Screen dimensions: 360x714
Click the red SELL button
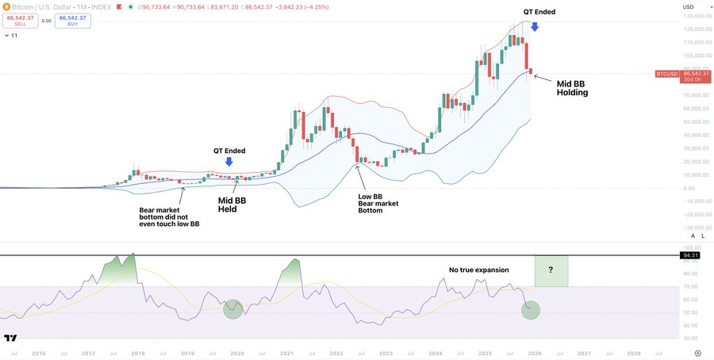[20, 21]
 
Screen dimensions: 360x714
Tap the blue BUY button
[72, 21]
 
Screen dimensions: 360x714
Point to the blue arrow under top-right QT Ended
[535, 26]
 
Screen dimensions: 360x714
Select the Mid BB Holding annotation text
[572, 87]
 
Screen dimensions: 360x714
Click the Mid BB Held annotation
[232, 205]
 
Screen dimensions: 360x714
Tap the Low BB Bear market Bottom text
[378, 203]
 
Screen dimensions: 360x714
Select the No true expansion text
[479, 270]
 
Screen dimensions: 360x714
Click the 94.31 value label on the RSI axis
[690, 256]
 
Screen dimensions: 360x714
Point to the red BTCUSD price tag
[667, 74]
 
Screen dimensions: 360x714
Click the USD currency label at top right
[688, 7]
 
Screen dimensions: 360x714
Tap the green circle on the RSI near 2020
[232, 309]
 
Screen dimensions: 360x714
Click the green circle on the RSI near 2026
[531, 310]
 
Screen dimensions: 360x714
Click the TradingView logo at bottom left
[10, 337]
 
